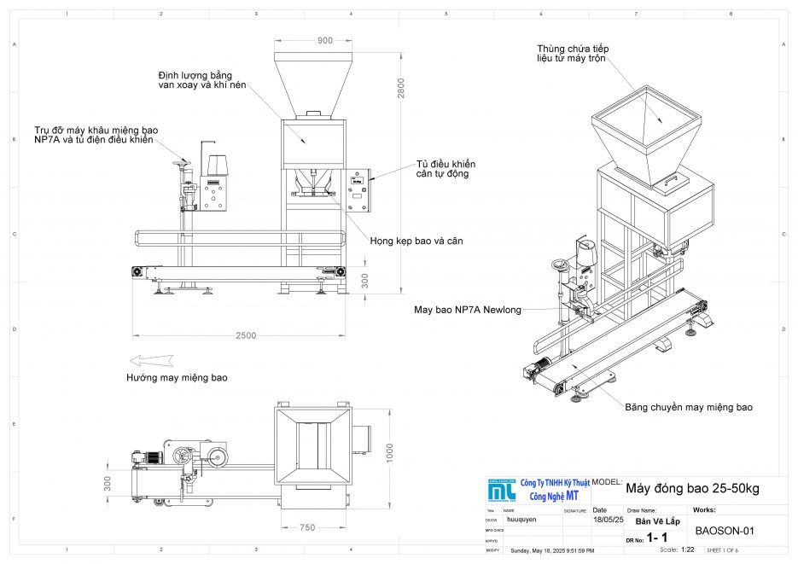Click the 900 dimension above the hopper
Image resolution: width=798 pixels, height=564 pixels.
[x=325, y=41]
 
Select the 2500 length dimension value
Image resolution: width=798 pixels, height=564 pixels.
[x=245, y=335]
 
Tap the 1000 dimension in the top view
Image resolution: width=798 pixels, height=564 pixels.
[x=389, y=450]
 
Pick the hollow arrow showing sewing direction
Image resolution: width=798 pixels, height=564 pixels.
[x=151, y=360]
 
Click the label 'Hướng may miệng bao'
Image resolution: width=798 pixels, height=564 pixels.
[x=178, y=377]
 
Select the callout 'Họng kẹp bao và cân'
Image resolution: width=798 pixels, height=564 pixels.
[x=416, y=241]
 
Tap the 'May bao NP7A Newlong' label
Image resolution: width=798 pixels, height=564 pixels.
[x=466, y=309]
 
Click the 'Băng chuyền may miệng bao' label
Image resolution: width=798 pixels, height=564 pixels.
[x=688, y=407]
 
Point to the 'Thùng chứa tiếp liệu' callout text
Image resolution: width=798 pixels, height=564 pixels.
[x=573, y=54]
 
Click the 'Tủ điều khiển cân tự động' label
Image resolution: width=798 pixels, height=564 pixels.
[x=446, y=168]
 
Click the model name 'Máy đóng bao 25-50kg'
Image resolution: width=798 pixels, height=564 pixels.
[x=691, y=489]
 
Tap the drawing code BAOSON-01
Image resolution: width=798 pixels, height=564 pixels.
[x=725, y=530]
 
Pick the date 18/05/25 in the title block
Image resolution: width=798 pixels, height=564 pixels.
[x=607, y=519]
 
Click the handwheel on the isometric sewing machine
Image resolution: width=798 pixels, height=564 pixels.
[x=560, y=265]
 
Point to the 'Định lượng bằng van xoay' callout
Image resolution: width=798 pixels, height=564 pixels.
[x=195, y=80]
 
